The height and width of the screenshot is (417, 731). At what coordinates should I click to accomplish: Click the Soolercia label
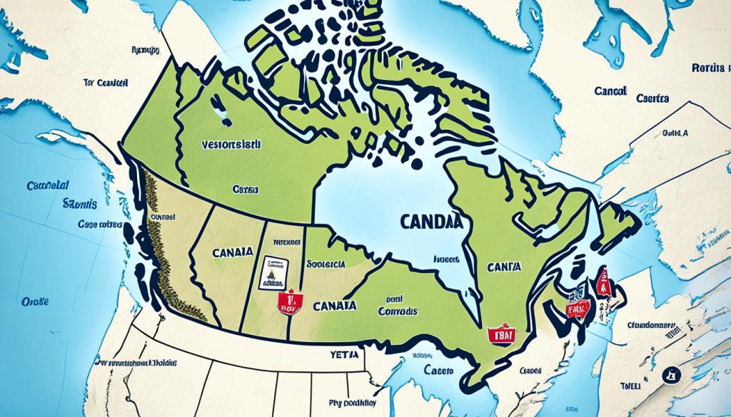(x=325, y=263)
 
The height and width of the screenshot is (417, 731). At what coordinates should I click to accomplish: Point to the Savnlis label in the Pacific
(x=79, y=203)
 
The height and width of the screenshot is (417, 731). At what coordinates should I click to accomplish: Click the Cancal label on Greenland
(x=610, y=91)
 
